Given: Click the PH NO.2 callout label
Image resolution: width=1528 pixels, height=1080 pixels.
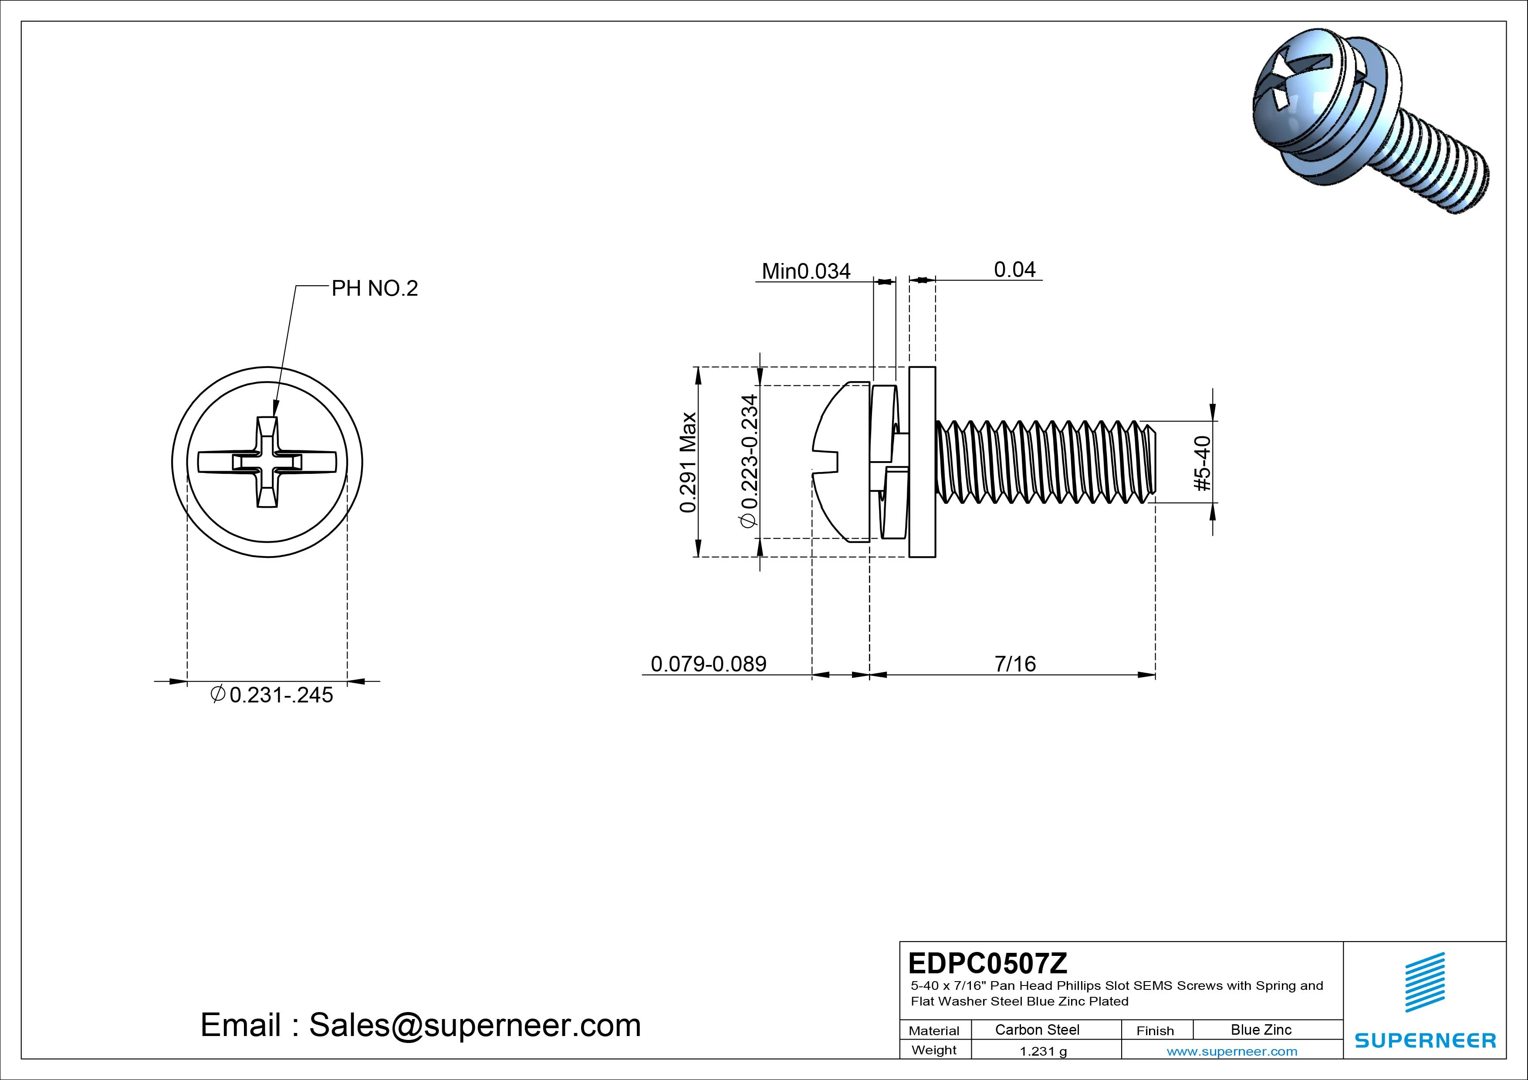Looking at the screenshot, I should pyautogui.click(x=375, y=288).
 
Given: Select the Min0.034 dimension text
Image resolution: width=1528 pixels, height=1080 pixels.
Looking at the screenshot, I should pyautogui.click(x=805, y=271).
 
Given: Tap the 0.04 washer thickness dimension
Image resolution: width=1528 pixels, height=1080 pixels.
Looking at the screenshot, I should pyautogui.click(x=1014, y=270).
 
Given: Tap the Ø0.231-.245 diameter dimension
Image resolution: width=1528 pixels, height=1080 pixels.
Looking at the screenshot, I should pyautogui.click(x=272, y=695).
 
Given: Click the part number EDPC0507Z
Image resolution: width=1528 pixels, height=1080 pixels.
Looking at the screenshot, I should pyautogui.click(x=987, y=963).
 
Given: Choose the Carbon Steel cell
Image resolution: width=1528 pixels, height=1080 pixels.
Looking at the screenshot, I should pyautogui.click(x=1037, y=1029).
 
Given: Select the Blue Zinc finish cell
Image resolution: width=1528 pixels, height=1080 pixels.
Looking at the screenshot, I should pyautogui.click(x=1261, y=1029).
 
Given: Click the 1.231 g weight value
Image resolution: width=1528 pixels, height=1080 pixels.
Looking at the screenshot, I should pyautogui.click(x=1043, y=1051).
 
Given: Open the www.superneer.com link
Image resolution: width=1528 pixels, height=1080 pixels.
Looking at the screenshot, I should pyautogui.click(x=1231, y=1051).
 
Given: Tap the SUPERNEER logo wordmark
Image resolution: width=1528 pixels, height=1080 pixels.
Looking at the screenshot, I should pyautogui.click(x=1425, y=1040).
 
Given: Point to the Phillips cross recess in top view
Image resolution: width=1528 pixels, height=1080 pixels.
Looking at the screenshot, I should pyautogui.click(x=267, y=462).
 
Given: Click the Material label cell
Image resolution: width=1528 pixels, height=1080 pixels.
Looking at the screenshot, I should pyautogui.click(x=934, y=1031).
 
